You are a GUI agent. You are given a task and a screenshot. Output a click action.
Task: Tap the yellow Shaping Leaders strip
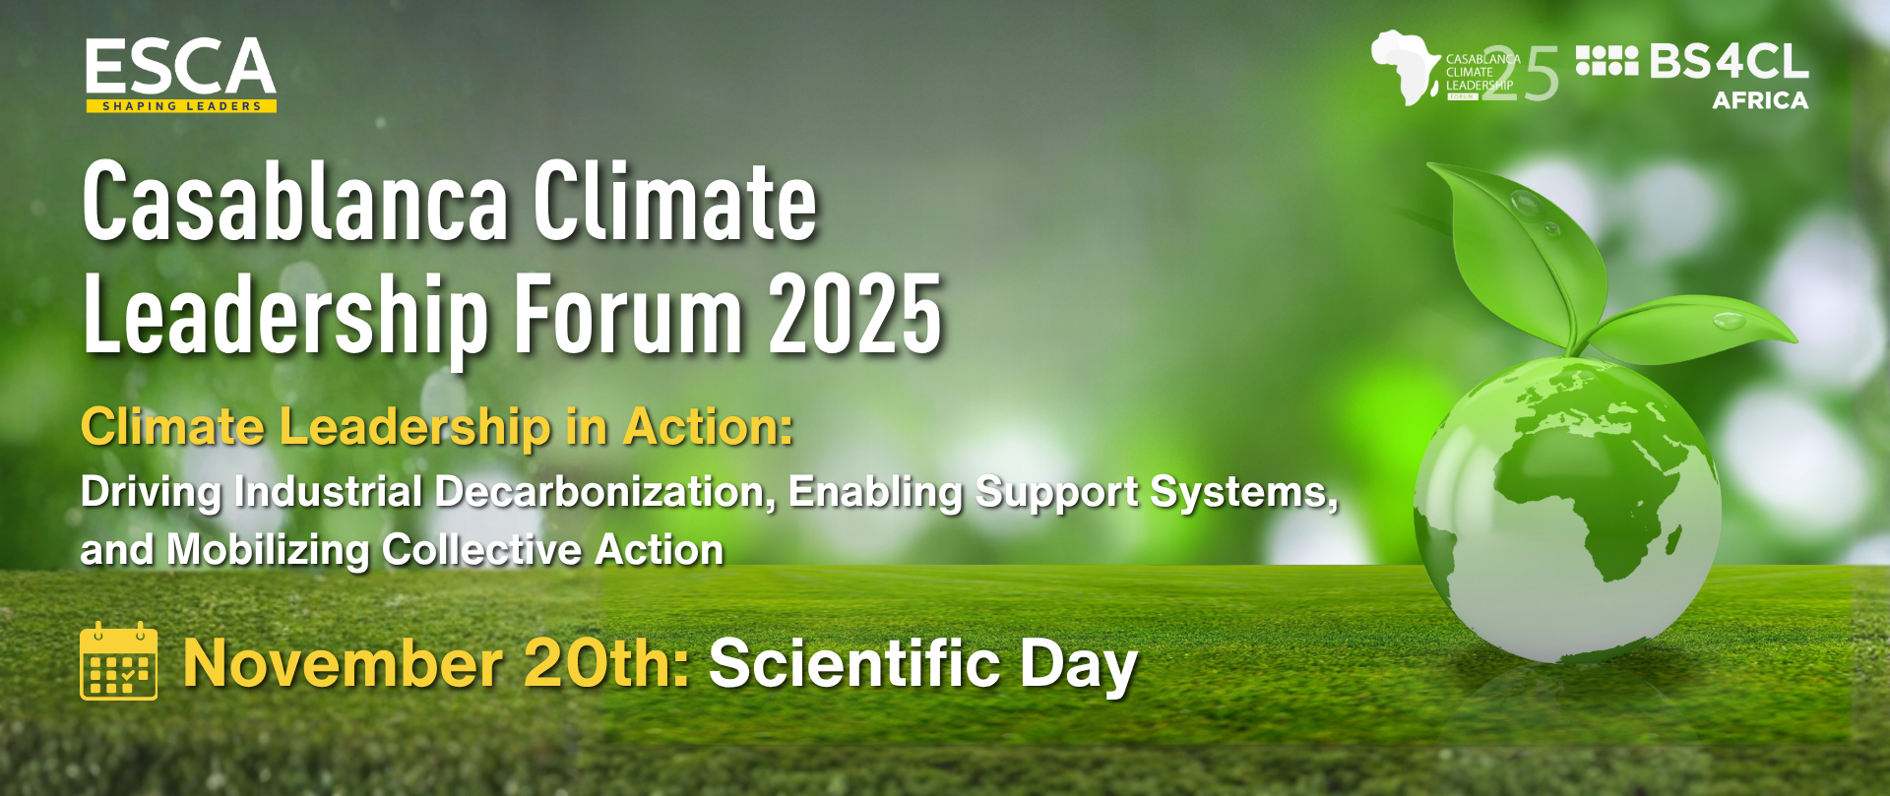pyautogui.click(x=181, y=106)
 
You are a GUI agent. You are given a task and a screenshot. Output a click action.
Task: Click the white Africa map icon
pyautogui.click(x=1406, y=67)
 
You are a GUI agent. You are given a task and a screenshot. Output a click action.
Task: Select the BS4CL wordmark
pyautogui.click(x=1729, y=61)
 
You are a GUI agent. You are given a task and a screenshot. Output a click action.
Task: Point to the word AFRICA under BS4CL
pyautogui.click(x=1760, y=100)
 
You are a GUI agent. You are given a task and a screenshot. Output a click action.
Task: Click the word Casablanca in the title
pyautogui.click(x=296, y=202)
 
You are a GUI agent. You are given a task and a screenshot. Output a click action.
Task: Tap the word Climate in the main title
pyautogui.click(x=675, y=202)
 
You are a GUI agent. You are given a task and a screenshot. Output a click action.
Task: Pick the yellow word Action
pyautogui.click(x=708, y=427)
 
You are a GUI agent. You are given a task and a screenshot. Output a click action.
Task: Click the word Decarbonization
pyautogui.click(x=605, y=491)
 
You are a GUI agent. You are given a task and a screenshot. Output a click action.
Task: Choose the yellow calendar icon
pyautogui.click(x=118, y=660)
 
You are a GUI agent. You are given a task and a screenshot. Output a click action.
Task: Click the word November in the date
pyautogui.click(x=343, y=663)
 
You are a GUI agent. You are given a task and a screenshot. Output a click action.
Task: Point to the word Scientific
pyautogui.click(x=854, y=663)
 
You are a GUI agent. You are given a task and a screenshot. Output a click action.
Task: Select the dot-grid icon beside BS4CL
pyautogui.click(x=1606, y=61)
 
